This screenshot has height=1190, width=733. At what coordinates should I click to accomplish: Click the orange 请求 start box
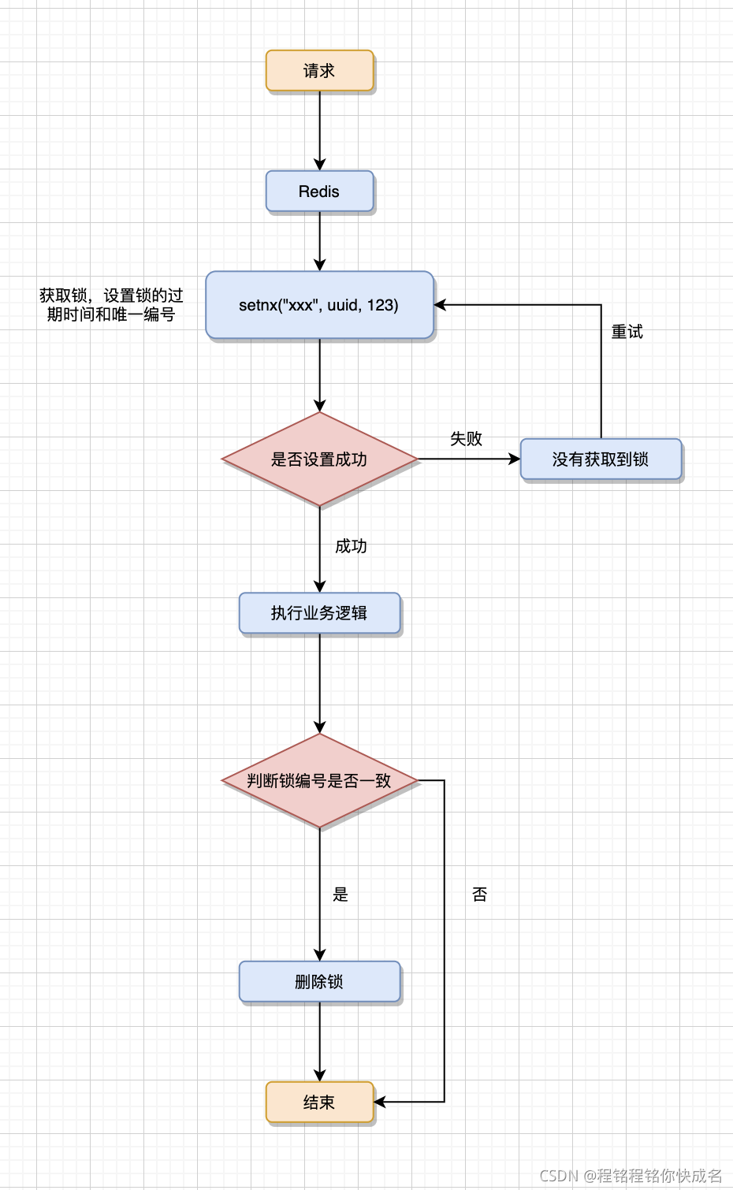click(319, 71)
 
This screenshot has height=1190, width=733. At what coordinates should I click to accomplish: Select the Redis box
click(319, 192)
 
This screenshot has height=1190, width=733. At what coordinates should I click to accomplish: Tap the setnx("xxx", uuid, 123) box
click(319, 305)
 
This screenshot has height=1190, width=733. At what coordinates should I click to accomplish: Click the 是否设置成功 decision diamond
click(319, 459)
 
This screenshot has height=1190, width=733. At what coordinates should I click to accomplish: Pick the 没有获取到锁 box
click(601, 459)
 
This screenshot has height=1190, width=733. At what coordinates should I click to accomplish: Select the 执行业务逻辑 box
click(319, 613)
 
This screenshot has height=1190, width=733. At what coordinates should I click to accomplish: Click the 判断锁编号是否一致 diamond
click(319, 781)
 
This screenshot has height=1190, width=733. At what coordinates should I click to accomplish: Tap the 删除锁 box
click(319, 982)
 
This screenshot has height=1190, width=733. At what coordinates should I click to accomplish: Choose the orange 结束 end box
click(319, 1103)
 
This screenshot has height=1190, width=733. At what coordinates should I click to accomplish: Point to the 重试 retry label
click(627, 332)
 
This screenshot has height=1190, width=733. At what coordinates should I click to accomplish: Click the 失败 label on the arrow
click(466, 439)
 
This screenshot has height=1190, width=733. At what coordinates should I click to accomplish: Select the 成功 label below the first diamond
click(351, 546)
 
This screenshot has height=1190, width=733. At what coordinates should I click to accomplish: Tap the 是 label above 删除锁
click(340, 894)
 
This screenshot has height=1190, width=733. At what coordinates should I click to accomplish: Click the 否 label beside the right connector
click(480, 894)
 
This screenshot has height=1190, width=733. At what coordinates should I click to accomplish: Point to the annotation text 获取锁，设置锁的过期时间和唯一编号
click(111, 305)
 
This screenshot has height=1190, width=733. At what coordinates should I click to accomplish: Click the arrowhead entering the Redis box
click(319, 165)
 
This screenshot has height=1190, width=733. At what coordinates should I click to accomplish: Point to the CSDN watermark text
click(631, 1176)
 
